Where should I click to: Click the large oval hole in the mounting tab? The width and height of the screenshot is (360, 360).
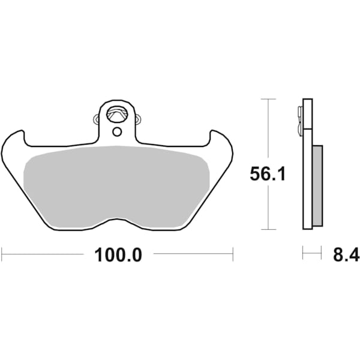(117, 113)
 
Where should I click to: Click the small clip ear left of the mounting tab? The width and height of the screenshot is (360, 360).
(97, 119)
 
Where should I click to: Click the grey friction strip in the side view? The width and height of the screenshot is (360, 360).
(317, 185)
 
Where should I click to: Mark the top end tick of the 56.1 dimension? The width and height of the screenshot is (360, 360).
(268, 98)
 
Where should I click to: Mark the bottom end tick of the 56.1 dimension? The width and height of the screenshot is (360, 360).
(268, 229)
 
